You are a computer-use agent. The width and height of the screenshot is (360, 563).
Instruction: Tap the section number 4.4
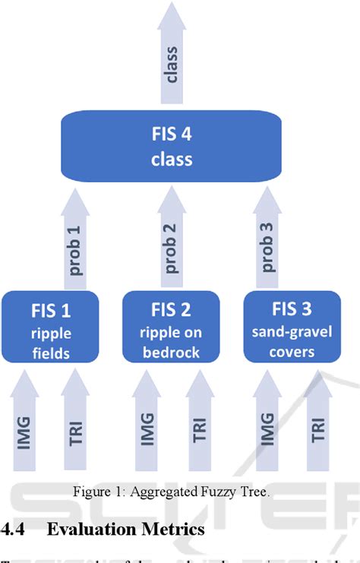click(14, 529)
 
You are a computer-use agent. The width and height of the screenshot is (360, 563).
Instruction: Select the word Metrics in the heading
click(175, 529)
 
